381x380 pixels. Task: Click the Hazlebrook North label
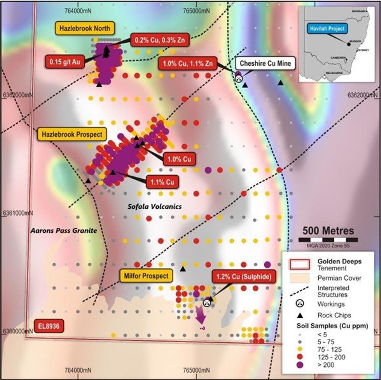tap(85, 28)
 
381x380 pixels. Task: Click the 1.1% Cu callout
tap(162, 181)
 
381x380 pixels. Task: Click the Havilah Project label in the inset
tap(326, 28)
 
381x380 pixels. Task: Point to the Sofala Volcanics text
tap(155, 207)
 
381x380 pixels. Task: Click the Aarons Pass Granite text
tap(63, 231)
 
